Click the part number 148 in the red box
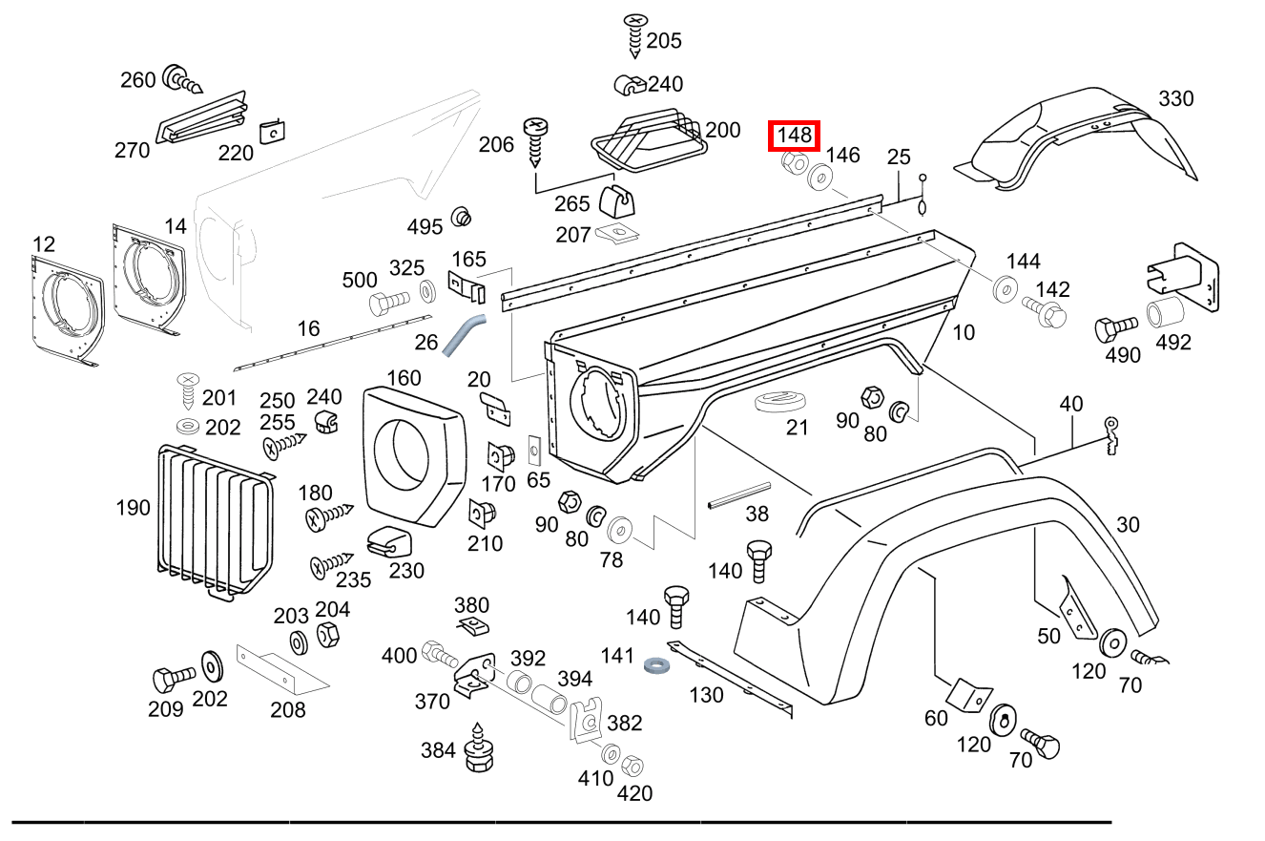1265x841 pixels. [795, 137]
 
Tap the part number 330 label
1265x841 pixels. [1175, 98]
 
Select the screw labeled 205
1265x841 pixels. [635, 36]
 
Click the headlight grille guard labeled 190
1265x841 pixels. [216, 521]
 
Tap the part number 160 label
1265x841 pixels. [404, 378]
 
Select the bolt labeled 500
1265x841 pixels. [386, 304]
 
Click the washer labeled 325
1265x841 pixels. [425, 289]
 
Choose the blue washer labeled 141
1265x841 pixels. [656, 663]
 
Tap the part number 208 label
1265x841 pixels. [287, 709]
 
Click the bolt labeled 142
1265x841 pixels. [1046, 311]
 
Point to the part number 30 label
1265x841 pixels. [1128, 524]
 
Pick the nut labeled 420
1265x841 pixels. [631, 766]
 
